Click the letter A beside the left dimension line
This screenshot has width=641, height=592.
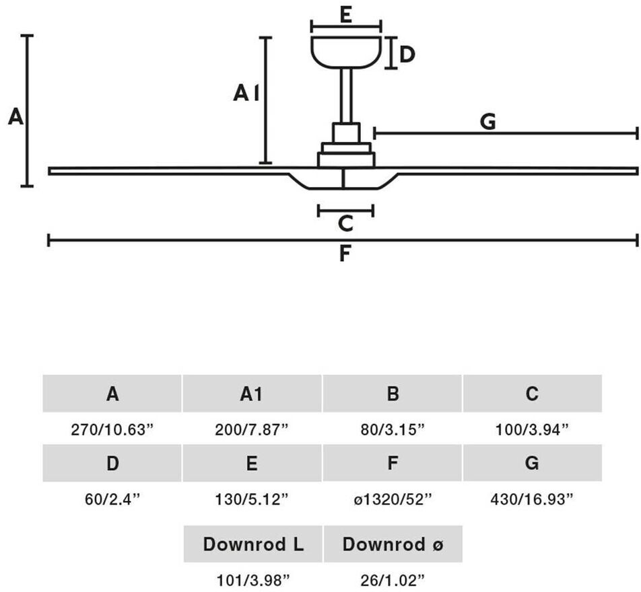pos(16,118)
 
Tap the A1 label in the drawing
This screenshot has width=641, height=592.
pos(246,94)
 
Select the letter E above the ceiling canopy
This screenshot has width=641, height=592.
pos(346,15)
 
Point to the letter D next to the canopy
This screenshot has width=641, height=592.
pos(407,54)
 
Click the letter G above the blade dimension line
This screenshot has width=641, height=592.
pos(488,122)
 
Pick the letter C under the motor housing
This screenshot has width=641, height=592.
pos(345,223)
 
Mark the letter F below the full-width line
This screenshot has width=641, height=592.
pos(344,254)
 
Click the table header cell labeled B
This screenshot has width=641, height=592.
pos(393,394)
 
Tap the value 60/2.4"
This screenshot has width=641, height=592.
pos(112,499)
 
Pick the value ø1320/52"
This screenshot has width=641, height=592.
pos(393,499)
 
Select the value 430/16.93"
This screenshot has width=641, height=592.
pos(531,499)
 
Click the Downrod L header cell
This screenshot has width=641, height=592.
pos(253,544)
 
